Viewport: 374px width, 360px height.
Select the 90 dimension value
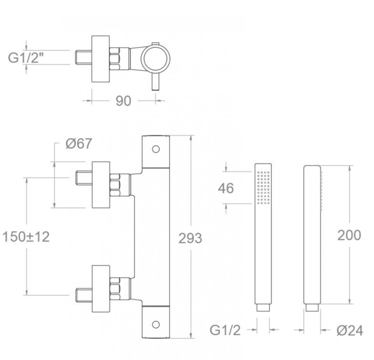click(123, 101)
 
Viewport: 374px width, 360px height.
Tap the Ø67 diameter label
click(79, 144)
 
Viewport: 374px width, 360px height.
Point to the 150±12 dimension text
click(26, 237)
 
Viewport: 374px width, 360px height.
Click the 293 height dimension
click(190, 238)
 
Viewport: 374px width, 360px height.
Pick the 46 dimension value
click(226, 188)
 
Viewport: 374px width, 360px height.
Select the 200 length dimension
click(349, 235)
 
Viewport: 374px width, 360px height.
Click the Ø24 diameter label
click(350, 330)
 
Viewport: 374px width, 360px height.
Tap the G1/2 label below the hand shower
click(225, 330)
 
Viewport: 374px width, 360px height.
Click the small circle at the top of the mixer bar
click(156, 149)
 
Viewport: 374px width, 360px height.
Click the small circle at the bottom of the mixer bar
click(156, 324)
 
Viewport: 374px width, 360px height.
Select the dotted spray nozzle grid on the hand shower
click(264, 187)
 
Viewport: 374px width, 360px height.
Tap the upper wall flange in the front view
click(101, 185)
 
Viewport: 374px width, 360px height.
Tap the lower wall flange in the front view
click(101, 289)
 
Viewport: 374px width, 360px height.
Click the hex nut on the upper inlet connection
click(115, 185)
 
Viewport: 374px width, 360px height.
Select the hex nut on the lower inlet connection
click(115, 289)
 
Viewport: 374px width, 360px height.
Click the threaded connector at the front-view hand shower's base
click(263, 308)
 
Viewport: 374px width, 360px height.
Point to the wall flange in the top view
click(101, 59)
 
